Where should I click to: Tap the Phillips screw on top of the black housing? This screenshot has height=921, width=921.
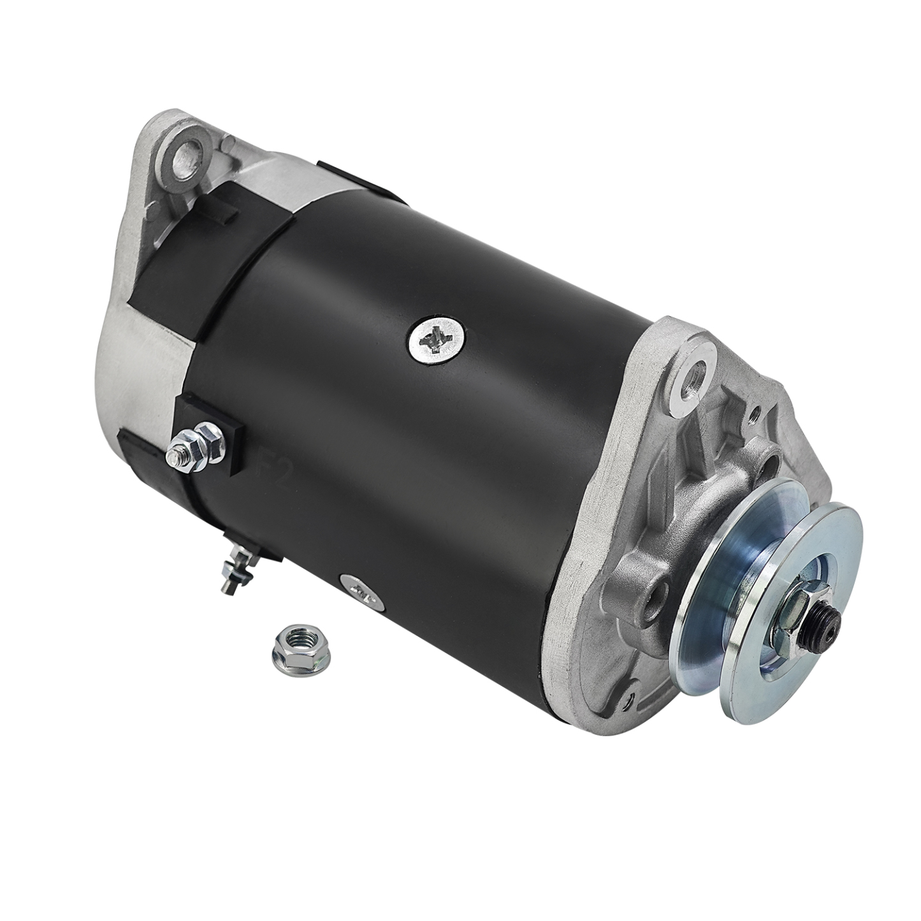437,338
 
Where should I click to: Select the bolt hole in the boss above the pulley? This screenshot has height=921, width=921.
774,460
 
